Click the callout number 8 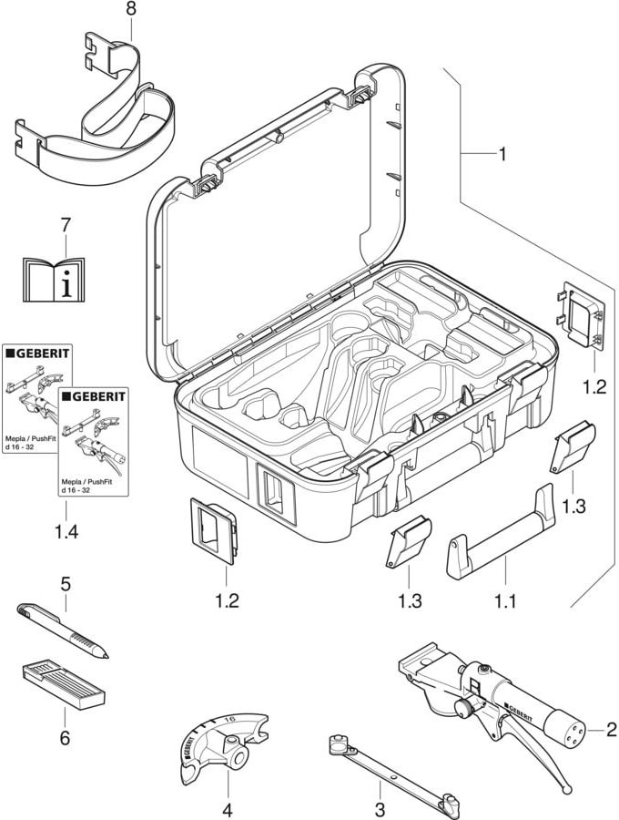(129, 8)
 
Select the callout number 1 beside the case (502, 155)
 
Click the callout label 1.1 (504, 602)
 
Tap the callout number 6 (65, 736)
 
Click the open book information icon (54, 277)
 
